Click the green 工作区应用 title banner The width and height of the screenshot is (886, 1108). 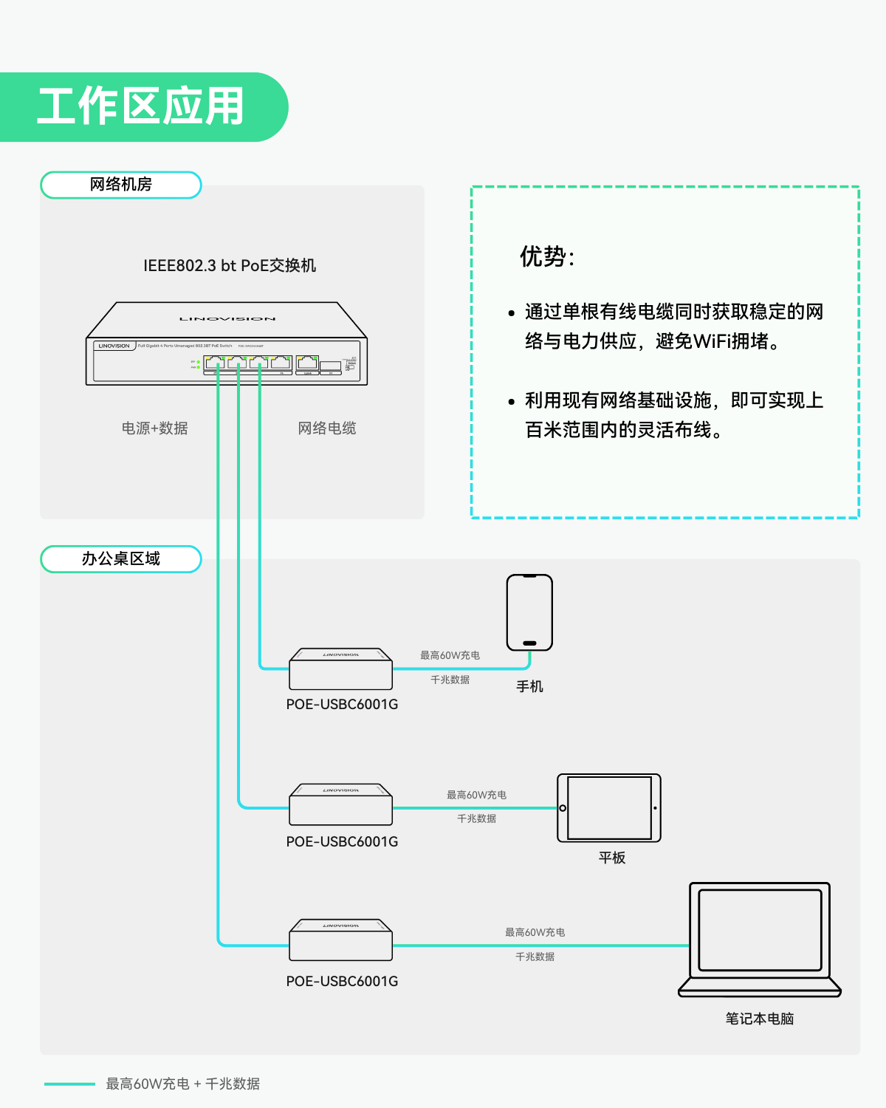140,107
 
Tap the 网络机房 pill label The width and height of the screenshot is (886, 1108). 121,185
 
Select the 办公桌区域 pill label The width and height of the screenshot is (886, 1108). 121,559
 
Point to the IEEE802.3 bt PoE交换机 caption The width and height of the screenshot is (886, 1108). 230,266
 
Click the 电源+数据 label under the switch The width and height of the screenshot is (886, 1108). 155,428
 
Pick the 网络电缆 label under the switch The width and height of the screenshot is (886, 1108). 327,428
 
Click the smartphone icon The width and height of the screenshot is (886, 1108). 529,612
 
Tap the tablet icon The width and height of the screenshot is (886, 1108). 609,808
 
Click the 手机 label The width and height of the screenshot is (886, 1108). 529,687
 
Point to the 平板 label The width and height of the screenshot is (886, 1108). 612,858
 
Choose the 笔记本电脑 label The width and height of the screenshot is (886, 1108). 760,1019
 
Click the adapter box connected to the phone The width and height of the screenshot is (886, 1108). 340,670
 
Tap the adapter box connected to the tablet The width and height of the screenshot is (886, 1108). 340,805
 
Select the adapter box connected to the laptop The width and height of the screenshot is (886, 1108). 340,940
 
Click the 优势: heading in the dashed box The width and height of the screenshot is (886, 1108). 547,257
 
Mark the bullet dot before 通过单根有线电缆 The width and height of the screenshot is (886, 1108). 511,313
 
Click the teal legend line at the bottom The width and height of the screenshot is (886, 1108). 69,1084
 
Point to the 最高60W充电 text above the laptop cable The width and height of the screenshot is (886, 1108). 535,932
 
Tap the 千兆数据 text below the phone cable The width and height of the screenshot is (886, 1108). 450,680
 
